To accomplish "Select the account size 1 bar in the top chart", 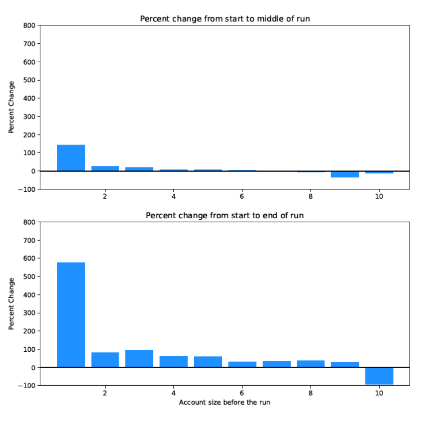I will click(x=71, y=158).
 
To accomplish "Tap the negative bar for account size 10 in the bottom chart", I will click(x=379, y=376).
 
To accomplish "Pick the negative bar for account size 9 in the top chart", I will click(x=345, y=174).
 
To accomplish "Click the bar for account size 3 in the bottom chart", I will click(x=139, y=359).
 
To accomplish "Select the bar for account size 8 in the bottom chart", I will click(x=311, y=364).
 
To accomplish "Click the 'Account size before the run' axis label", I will click(x=224, y=402).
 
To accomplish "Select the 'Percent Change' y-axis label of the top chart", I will click(x=11, y=107).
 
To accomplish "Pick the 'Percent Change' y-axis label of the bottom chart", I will click(x=11, y=303).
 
